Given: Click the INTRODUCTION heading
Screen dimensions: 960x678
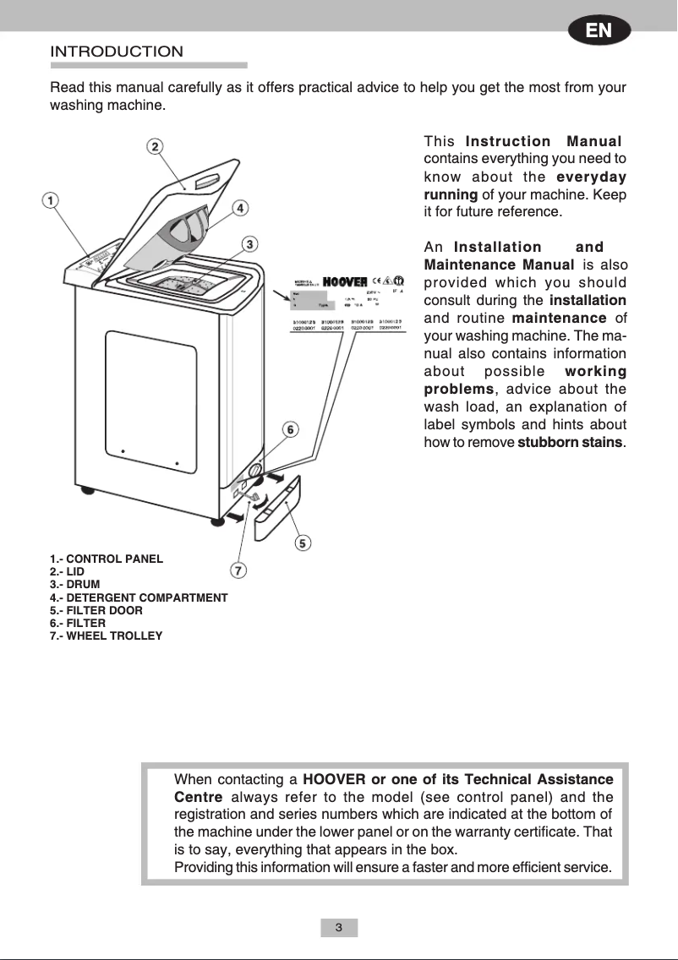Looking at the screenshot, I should pos(117,52).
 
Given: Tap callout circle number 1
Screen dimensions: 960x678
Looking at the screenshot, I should pos(51,201).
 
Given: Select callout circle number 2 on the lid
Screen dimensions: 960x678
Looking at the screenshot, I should pos(156,146).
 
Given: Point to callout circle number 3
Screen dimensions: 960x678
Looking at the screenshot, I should pos(249,244).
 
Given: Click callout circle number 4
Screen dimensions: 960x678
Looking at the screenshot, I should pos(240,207).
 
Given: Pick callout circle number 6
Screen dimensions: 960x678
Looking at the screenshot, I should pos(289,429).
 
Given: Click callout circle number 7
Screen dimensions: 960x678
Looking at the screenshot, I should pos(239,570).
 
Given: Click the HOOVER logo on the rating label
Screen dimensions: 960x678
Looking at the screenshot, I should pos(345,281).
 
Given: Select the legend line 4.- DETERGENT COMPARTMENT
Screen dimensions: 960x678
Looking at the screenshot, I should pos(139,597).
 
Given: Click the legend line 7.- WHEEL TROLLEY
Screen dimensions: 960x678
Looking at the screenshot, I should pos(106,635).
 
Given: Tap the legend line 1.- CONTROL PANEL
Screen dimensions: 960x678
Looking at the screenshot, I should pos(107,559).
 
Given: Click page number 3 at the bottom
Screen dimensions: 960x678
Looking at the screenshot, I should pos(339,928).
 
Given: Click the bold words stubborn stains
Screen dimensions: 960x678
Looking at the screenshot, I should pos(569,443).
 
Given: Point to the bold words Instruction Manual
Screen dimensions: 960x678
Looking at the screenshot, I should pos(543,141).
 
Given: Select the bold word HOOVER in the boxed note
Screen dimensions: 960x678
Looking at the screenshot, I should pos(333,779).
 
